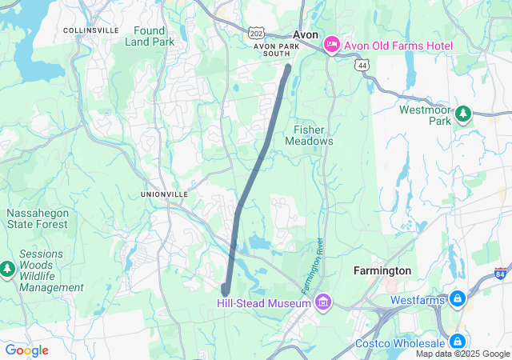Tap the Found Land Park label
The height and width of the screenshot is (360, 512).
click(149, 35)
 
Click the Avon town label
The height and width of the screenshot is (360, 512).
click(306, 35)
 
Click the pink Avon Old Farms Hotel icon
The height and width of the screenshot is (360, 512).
click(331, 46)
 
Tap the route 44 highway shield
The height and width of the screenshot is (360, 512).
click(362, 64)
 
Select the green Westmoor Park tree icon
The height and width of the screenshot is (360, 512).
click(463, 115)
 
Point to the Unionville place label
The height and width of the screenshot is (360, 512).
click(164, 194)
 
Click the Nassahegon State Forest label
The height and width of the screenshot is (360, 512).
click(38, 219)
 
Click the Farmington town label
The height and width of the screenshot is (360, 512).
click(382, 271)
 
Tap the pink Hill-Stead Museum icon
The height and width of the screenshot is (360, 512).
click(323, 303)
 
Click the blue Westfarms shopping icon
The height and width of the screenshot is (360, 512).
click(457, 300)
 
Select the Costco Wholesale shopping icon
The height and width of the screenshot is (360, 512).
click(457, 342)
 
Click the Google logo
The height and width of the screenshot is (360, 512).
click(26, 350)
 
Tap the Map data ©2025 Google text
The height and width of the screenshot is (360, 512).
click(462, 354)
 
